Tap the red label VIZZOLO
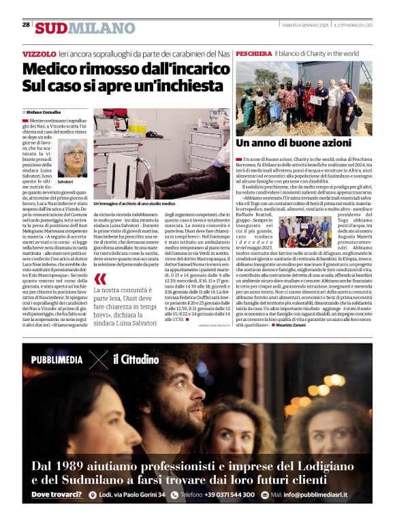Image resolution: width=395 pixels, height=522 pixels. [x=39, y=53]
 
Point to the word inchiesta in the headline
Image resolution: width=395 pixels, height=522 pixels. [x=182, y=87]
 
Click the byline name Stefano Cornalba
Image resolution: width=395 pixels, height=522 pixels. [x=46, y=111]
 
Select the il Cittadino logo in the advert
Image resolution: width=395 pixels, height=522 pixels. [x=136, y=359]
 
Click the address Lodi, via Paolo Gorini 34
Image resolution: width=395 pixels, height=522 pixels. [x=131, y=495]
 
